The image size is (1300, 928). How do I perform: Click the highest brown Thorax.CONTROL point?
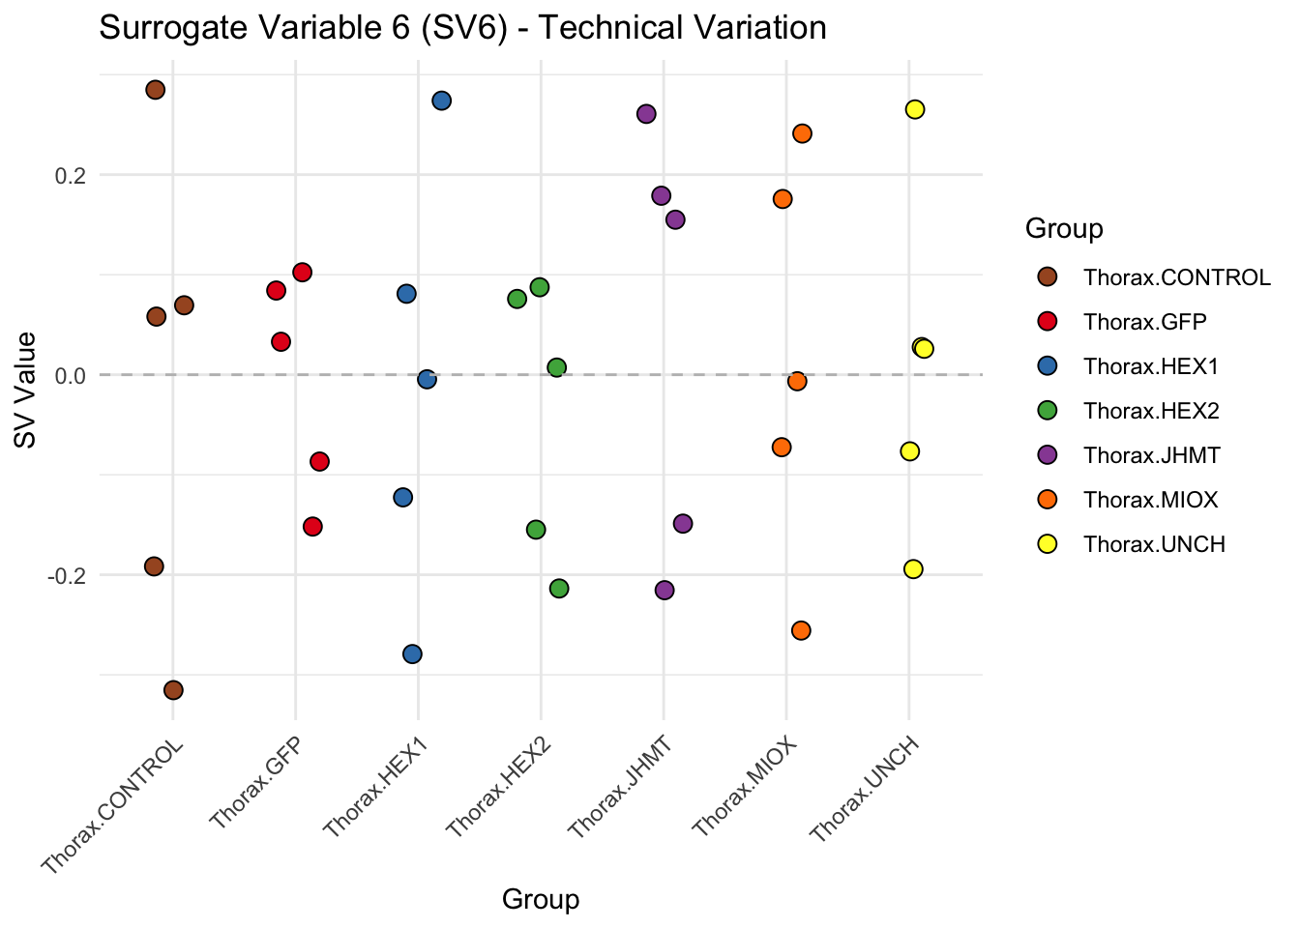coord(155,90)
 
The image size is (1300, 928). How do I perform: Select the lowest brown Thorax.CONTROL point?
coord(173,690)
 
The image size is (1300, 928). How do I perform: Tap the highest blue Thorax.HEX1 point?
coord(442,101)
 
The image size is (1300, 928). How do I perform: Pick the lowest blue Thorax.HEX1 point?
coord(412,654)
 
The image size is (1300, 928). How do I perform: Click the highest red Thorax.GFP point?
coord(302,272)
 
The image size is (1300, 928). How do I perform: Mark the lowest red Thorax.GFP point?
coord(312,527)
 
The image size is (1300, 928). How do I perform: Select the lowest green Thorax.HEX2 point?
coord(559,589)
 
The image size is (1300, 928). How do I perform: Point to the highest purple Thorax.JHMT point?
coord(646,114)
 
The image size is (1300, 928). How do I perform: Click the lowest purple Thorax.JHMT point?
coord(665,591)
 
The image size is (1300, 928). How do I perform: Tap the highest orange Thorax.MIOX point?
coord(802,133)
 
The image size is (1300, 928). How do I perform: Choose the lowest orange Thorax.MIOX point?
coord(801,630)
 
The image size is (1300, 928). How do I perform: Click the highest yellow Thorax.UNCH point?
coord(915,109)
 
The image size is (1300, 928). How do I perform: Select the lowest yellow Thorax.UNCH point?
coord(913,569)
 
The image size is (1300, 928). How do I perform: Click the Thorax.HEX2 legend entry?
coord(1151,411)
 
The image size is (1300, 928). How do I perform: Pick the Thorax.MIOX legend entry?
coord(1150,500)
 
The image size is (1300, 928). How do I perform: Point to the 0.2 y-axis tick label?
coord(70,176)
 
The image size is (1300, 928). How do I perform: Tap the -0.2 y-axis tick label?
coord(68,575)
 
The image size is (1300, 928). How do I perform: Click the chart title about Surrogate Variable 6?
coord(462,27)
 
